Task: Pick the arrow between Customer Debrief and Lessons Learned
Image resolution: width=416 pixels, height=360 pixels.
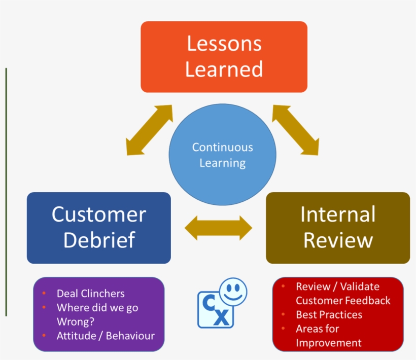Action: point(149,130)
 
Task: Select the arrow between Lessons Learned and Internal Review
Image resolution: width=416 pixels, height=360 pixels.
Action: point(295,130)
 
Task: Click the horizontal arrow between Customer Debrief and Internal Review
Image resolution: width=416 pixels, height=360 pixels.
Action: point(218,228)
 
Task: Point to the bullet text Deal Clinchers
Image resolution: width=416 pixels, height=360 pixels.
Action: point(90,294)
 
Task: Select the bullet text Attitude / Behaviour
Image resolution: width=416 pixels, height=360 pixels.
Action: point(106,336)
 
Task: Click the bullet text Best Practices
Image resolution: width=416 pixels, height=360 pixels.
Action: point(329,314)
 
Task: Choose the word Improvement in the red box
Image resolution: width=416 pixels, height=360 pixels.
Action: point(329,343)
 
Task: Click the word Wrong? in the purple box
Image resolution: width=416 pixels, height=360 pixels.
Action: point(75,321)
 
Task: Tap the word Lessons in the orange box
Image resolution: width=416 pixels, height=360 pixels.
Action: point(224,44)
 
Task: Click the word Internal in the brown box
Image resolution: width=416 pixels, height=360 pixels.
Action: point(337,214)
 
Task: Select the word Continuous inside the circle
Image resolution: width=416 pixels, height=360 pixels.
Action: point(222,148)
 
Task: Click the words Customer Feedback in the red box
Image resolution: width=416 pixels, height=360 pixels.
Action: point(343,300)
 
